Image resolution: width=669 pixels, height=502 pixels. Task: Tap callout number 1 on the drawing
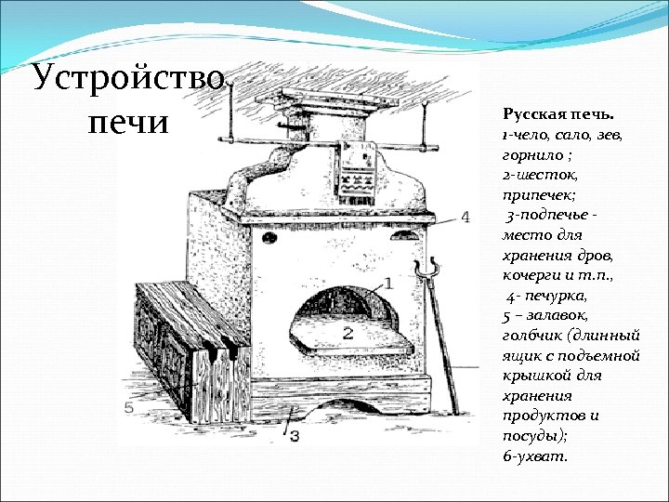pos(387,282)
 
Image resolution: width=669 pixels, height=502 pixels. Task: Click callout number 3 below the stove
pos(294,435)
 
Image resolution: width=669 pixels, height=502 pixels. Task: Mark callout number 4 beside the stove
pos(465,217)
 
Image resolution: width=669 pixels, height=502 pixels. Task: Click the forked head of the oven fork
pos(427,271)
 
